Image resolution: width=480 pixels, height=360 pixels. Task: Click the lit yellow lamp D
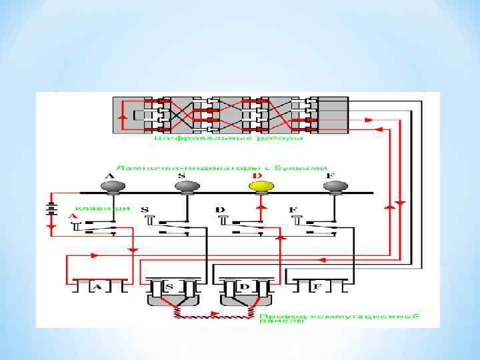point(259,186)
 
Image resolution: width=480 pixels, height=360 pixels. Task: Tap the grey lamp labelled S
point(184,186)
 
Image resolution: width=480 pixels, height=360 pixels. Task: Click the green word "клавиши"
point(97,207)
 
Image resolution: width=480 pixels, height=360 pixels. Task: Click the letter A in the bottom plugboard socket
point(97,287)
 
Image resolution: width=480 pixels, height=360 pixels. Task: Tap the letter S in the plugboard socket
point(170,287)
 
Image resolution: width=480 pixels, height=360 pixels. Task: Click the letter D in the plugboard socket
point(243,287)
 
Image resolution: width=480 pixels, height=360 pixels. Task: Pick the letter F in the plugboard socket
point(317,287)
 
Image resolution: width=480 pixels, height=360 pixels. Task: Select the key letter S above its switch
point(145,210)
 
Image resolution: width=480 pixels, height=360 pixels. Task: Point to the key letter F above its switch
point(293,210)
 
